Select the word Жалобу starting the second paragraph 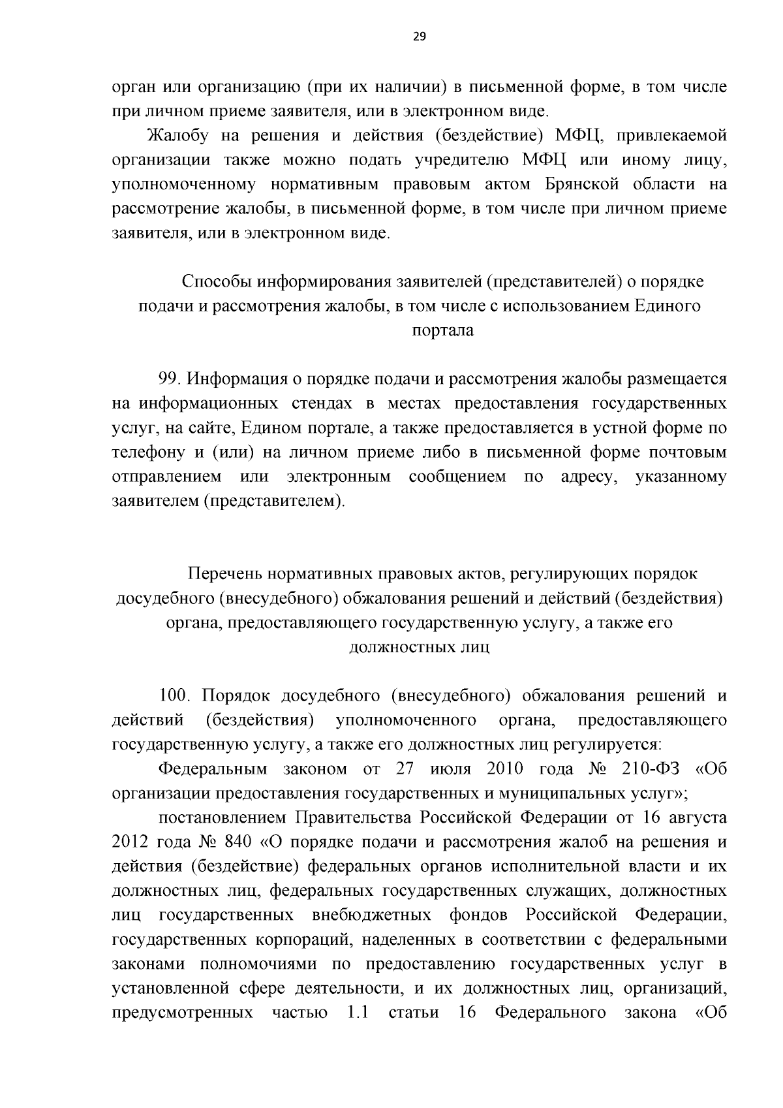[177, 136]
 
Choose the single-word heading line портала [443, 330]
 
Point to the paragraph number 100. [176, 695]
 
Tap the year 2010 [505, 768]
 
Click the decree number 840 [234, 842]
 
